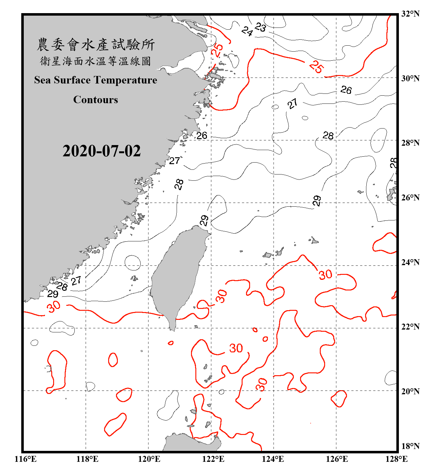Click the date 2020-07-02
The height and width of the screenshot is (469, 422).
[x=102, y=151]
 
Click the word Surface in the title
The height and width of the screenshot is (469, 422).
[x=72, y=80]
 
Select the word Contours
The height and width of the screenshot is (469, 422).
[x=96, y=99]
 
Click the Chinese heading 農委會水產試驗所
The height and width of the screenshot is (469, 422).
[x=96, y=45]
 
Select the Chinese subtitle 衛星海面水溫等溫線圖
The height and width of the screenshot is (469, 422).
[x=96, y=61]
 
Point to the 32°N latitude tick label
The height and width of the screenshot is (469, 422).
[x=410, y=14]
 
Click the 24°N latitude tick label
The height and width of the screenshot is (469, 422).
[x=410, y=262]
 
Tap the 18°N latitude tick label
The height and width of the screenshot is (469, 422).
[x=410, y=446]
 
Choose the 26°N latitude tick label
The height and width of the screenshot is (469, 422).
[x=410, y=198]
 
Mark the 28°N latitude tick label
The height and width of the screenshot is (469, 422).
[x=410, y=143]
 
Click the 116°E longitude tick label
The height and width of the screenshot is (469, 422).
[x=26, y=459]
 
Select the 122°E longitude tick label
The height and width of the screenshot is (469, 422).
[x=213, y=459]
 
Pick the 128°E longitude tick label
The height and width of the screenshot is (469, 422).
[x=396, y=459]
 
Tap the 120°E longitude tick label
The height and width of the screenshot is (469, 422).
[x=149, y=459]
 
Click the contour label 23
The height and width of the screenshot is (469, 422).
[x=260, y=28]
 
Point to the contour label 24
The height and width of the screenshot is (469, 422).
[x=247, y=31]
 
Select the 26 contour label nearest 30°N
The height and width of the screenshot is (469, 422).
[x=346, y=90]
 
